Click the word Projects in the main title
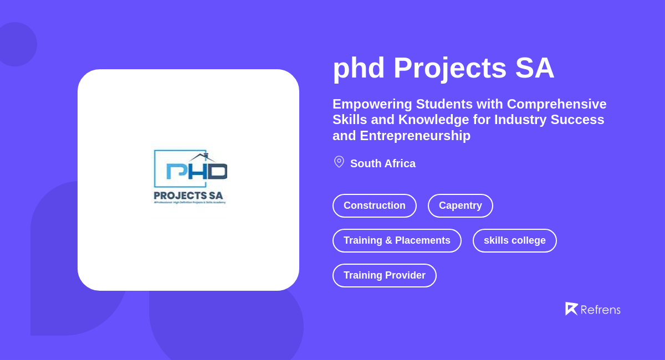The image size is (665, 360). pos(450,68)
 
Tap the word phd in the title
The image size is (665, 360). pos(359,68)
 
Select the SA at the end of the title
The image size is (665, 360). pos(534,68)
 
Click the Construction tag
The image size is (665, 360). pos(375,205)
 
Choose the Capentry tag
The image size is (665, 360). pos(461,205)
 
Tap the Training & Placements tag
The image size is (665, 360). pos(397,240)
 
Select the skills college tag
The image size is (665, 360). pos(515,240)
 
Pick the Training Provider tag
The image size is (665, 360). pos(385,275)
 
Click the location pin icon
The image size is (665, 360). pos(339,162)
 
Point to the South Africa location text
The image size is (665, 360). pos(383,163)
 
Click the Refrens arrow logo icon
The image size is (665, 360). pos(571,308)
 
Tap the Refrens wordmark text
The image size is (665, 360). pos(600,310)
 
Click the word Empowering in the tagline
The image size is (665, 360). pos(372,104)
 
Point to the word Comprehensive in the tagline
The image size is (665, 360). pos(556,104)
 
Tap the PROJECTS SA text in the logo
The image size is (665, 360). pos(188,196)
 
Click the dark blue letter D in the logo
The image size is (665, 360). pos(218,172)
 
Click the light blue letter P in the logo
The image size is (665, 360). pos(176,172)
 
